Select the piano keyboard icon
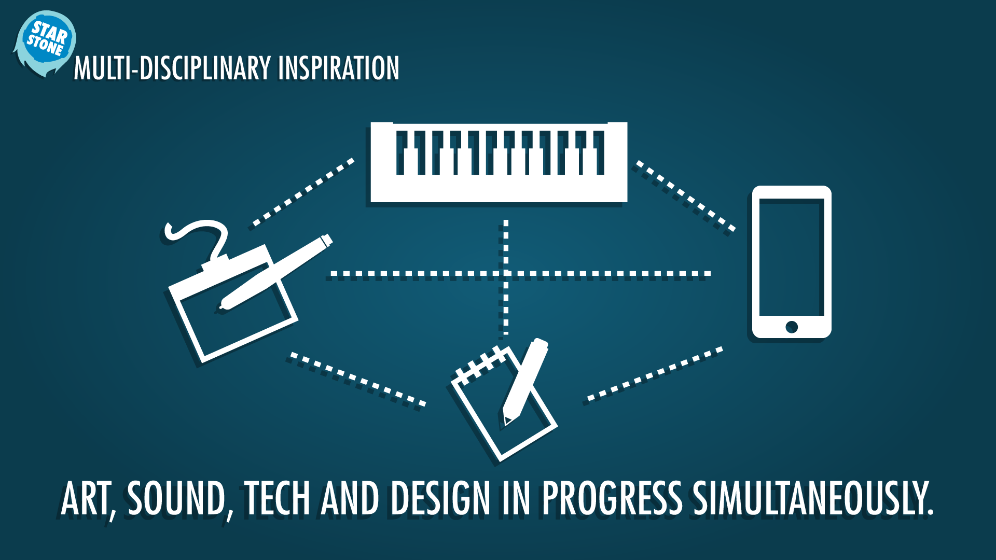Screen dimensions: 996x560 [499, 162]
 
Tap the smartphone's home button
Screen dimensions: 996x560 [792, 327]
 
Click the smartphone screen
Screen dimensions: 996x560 [792, 257]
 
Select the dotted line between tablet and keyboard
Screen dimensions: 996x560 [303, 192]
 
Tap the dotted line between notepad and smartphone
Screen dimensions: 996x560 [655, 374]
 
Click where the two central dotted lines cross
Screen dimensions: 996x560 [506, 273]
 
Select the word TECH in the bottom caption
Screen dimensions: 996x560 [277, 499]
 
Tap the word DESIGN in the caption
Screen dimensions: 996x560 [440, 499]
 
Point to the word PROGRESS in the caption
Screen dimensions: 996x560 [612, 499]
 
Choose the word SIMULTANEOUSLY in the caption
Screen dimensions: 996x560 [813, 499]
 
